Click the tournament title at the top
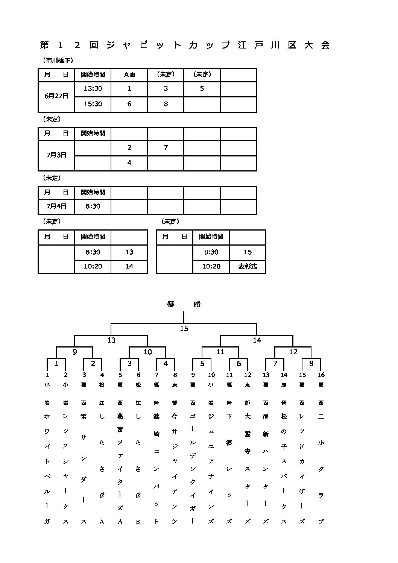[185, 45]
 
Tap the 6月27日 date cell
[56, 96]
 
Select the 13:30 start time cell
[93, 89]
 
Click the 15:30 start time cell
[93, 104]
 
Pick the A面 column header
[129, 74]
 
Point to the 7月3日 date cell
[56, 155]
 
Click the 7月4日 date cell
[56, 206]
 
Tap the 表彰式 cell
[247, 266]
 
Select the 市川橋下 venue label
[57, 61]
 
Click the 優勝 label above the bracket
[184, 305]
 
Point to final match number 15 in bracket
[184, 329]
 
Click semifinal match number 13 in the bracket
[111, 340]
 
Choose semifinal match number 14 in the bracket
[257, 340]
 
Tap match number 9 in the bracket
[75, 352]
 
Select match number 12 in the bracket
[293, 352]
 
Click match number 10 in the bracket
[148, 352]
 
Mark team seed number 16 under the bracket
[321, 375]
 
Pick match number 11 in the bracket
[220, 352]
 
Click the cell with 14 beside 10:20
[129, 266]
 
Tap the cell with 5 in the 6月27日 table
[202, 89]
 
